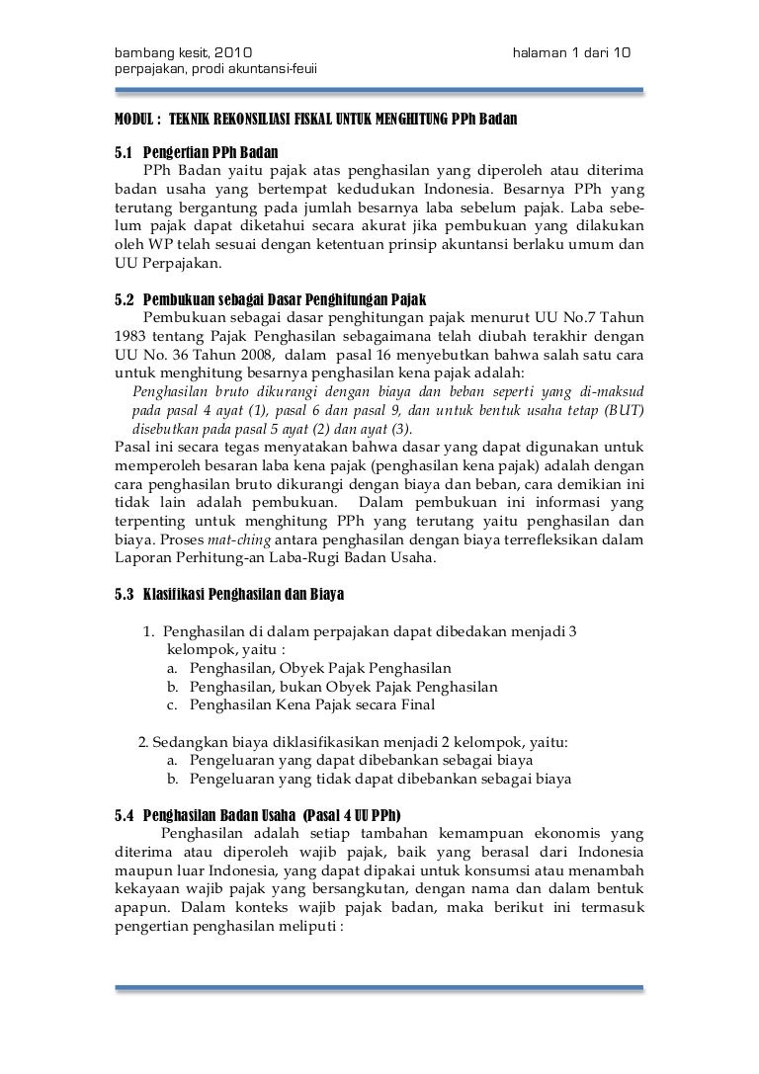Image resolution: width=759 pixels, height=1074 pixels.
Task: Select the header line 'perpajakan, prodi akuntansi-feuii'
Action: (216, 67)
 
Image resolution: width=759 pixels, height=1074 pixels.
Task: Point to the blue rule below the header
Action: (379, 91)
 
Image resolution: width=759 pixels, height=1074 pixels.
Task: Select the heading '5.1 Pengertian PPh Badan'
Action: (198, 153)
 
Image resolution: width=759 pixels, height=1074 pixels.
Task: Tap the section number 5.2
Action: (125, 298)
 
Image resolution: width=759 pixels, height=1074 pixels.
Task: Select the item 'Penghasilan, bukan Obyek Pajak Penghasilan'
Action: (343, 687)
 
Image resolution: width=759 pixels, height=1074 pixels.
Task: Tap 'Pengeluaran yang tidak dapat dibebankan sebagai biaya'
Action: (380, 779)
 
